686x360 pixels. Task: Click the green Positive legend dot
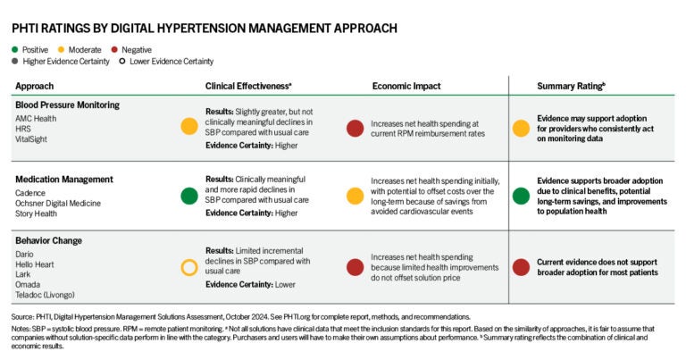17,49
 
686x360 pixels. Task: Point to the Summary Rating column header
572,86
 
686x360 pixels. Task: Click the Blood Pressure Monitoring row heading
67,105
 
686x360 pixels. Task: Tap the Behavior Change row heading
49,240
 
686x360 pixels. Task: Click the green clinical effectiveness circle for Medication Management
188,196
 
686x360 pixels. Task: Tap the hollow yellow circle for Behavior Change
188,266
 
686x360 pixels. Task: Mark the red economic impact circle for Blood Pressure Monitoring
354,127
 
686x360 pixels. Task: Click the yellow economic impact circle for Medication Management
354,196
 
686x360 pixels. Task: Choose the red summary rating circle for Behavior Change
520,266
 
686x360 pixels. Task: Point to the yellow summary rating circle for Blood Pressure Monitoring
520,127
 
